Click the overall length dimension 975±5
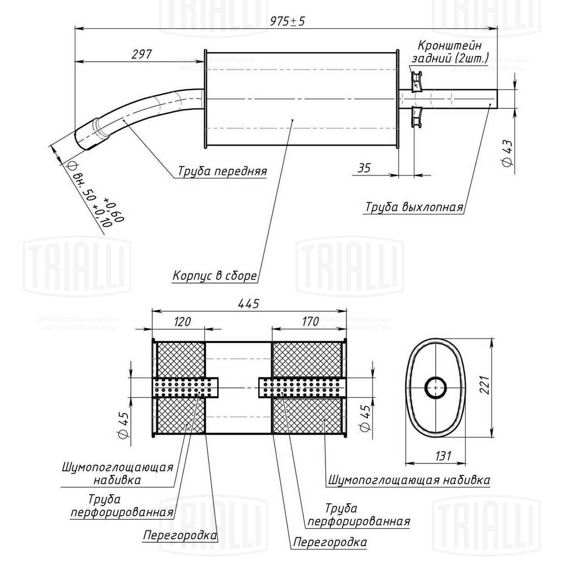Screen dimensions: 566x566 (287, 21)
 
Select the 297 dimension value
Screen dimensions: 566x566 (141, 54)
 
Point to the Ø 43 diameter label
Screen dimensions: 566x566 (507, 151)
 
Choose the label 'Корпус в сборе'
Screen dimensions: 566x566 (215, 276)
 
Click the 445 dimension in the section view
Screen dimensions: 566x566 (248, 304)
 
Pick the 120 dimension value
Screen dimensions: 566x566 (181, 321)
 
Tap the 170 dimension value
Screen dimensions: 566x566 (311, 321)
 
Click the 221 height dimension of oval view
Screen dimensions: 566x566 (498, 387)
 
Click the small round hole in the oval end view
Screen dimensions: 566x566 (436, 388)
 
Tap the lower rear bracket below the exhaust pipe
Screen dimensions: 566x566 (418, 117)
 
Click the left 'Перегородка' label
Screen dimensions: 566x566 (180, 535)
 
